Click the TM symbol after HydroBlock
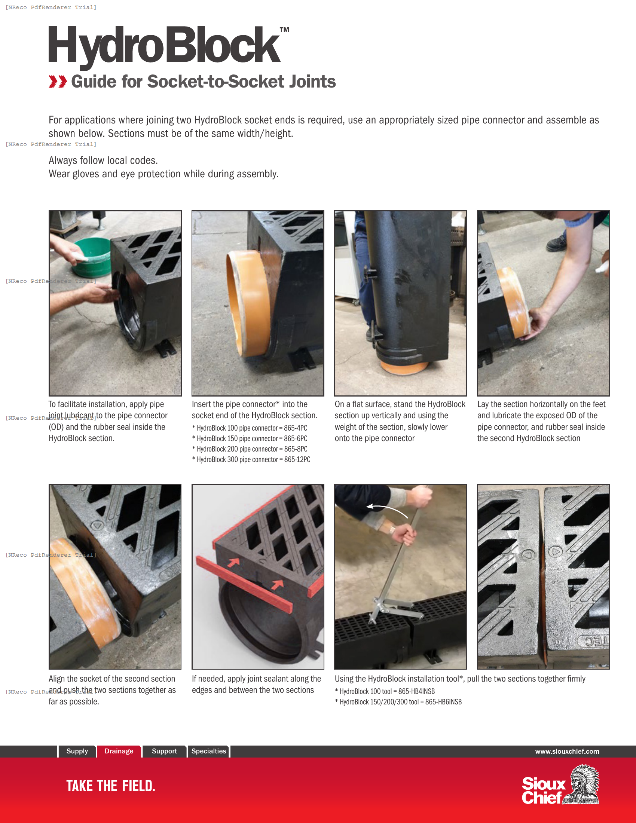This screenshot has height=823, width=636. [284, 30]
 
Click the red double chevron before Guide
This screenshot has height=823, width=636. [58, 82]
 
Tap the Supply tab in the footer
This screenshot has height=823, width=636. [77, 751]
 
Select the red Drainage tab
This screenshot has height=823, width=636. [119, 751]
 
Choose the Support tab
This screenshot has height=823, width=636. [164, 751]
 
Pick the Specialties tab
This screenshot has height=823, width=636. [208, 751]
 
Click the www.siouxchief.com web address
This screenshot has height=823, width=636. [567, 752]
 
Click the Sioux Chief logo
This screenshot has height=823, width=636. [560, 785]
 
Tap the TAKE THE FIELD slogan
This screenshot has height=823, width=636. [111, 786]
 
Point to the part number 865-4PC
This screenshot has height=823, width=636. [296, 428]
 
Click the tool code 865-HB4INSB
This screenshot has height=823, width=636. [416, 691]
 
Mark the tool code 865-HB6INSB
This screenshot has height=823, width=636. [443, 702]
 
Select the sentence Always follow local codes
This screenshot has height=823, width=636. [103, 160]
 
